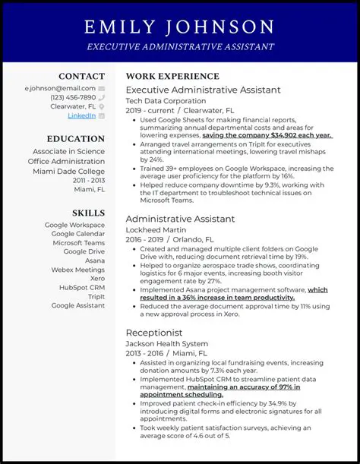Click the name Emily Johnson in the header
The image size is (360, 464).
point(180,27)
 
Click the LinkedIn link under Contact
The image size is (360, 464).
point(81,116)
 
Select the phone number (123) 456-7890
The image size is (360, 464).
point(73,97)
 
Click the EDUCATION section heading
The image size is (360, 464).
point(75,139)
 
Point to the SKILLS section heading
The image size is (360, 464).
point(88,213)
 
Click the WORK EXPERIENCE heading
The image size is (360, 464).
point(172,76)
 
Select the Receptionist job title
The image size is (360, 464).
point(155,333)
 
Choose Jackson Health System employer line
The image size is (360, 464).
point(166,343)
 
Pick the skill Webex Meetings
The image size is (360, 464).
point(77,270)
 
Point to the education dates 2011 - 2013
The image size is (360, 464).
point(90,180)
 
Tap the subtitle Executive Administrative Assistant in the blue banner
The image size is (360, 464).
point(180,47)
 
